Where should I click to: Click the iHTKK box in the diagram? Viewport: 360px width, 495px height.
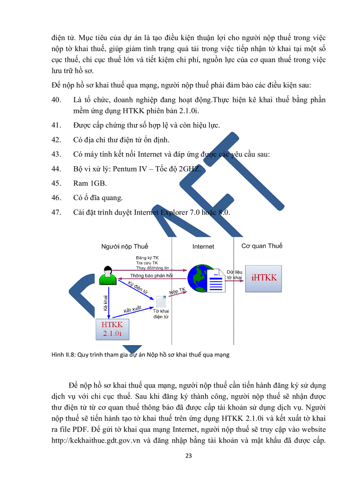264,277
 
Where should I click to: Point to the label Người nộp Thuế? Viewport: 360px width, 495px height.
125,246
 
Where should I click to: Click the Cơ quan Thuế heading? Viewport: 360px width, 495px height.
262,246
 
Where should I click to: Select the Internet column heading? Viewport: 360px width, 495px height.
203,246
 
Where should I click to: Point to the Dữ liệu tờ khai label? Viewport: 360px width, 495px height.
234,275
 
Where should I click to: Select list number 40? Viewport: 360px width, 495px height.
56,100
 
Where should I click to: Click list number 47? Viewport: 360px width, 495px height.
56,212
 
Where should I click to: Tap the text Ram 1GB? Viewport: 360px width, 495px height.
87,183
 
